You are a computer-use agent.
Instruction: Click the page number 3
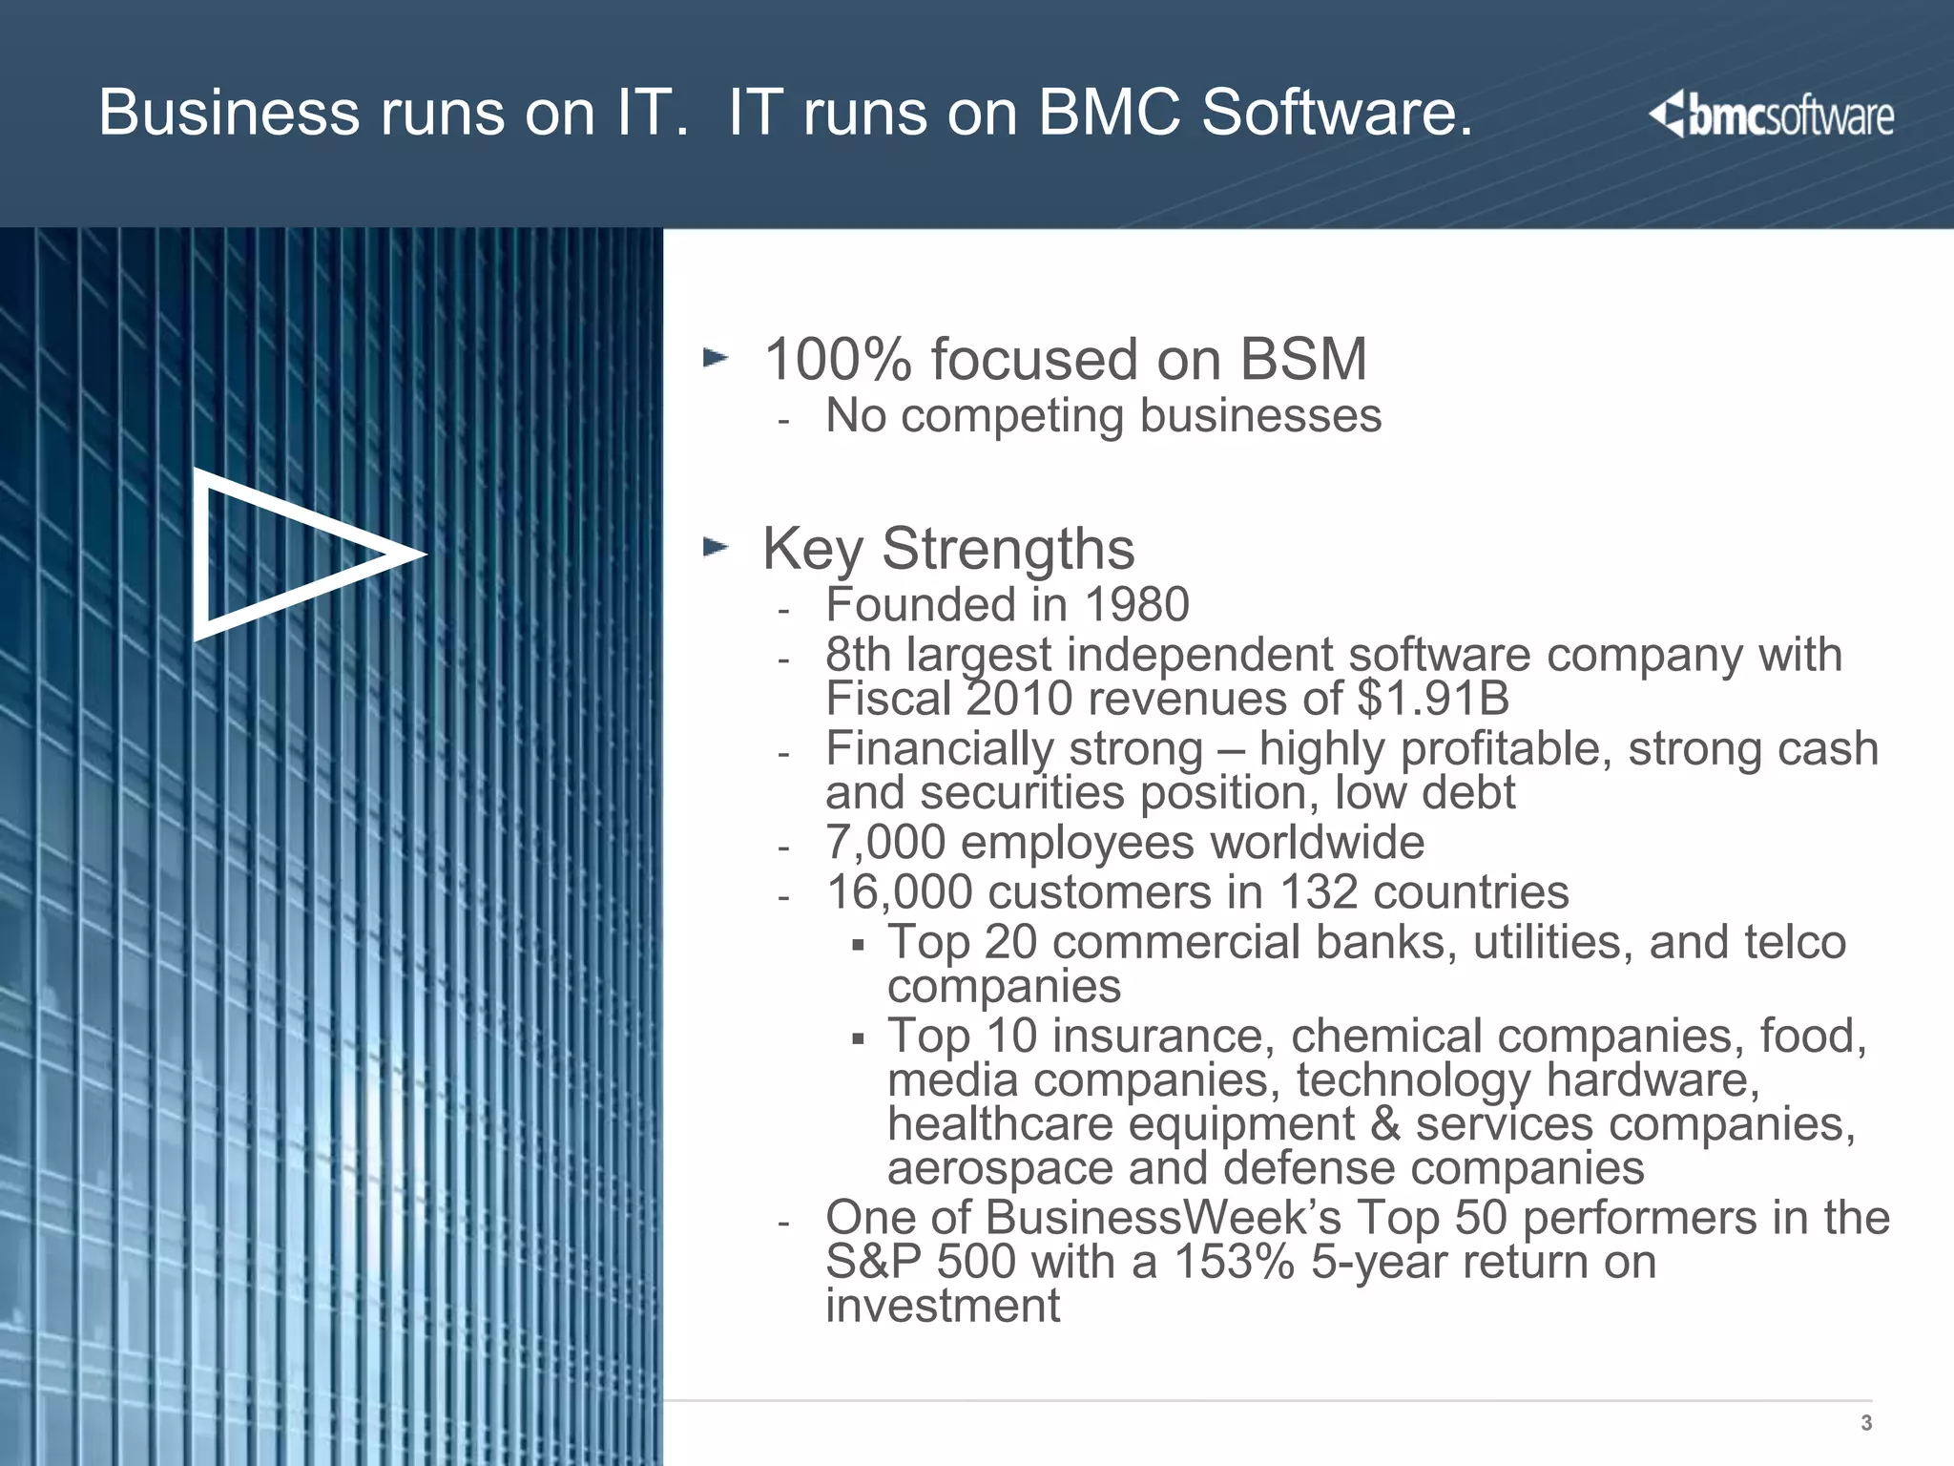tap(1866, 1423)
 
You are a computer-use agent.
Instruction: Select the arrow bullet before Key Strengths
tap(716, 547)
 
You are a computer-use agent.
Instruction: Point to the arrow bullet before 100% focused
tap(716, 359)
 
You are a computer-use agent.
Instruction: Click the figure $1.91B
tap(1433, 699)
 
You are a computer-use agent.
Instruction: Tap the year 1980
tap(1136, 605)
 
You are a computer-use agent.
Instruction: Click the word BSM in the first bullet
tap(1302, 360)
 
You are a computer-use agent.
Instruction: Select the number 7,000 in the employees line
tap(884, 843)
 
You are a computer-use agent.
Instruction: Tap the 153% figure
tap(1233, 1262)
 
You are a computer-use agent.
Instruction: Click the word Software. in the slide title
tap(1337, 113)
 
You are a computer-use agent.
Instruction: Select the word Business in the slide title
tap(229, 113)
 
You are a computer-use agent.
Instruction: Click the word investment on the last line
tap(942, 1306)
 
